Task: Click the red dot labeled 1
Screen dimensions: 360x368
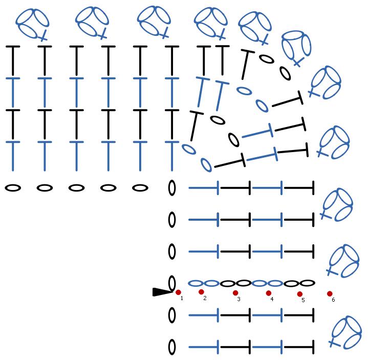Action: (x=178, y=292)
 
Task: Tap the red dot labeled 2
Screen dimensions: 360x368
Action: (x=201, y=292)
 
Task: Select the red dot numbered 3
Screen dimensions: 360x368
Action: (x=235, y=293)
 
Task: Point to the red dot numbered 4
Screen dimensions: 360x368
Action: (x=268, y=293)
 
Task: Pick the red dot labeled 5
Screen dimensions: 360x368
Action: (x=299, y=294)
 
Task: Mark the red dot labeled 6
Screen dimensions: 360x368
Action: (x=330, y=294)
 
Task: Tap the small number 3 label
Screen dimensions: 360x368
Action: (x=239, y=299)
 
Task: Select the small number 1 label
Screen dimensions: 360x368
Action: (x=182, y=298)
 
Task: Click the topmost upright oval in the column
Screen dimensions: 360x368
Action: (x=172, y=188)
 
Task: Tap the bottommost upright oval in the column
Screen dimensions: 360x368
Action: (x=172, y=347)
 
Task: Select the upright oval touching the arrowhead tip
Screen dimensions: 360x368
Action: (x=172, y=283)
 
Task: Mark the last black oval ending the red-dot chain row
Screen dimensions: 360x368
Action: (x=307, y=283)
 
